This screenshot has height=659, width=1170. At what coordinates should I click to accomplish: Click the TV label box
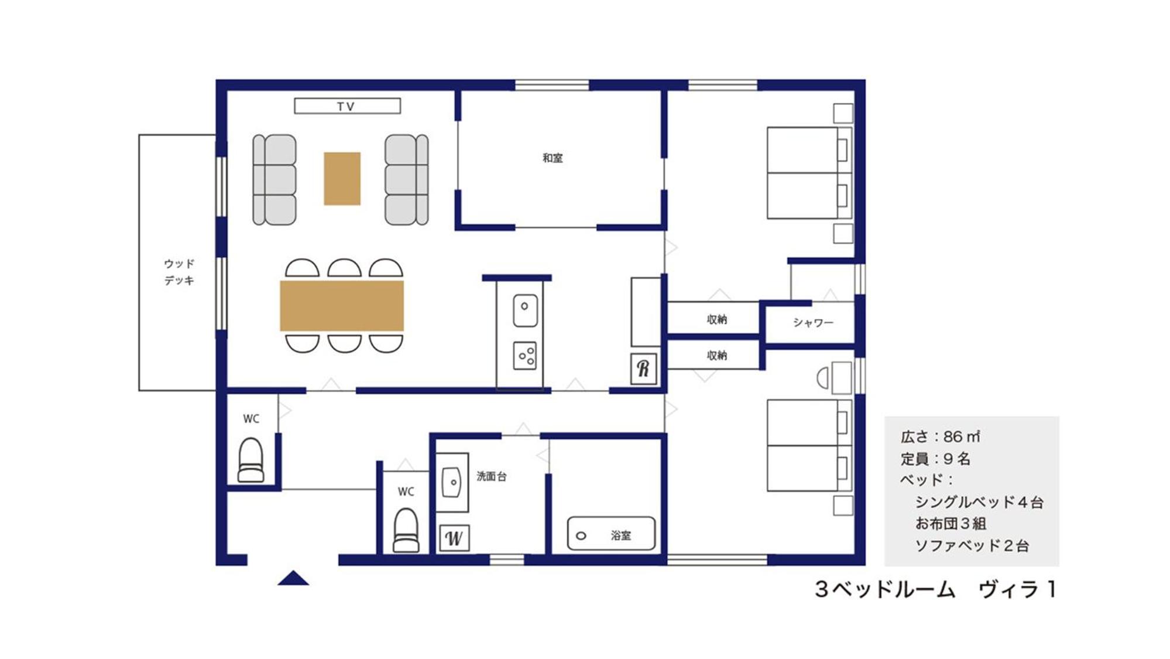(x=347, y=106)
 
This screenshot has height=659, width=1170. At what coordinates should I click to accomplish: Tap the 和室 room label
(x=553, y=158)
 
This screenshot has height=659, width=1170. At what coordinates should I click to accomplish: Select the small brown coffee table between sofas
(x=342, y=179)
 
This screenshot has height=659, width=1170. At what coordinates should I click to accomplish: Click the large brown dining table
(x=342, y=306)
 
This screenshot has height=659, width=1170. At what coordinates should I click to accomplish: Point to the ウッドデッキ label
(x=179, y=272)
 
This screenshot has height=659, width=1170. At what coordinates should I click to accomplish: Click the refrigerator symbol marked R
(x=643, y=368)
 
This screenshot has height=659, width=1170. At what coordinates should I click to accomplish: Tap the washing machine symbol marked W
(x=454, y=538)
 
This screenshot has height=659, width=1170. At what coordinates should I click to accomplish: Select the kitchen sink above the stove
(x=525, y=310)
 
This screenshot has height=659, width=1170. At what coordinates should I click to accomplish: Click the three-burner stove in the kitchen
(x=525, y=356)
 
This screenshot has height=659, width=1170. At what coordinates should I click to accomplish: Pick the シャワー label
(x=813, y=323)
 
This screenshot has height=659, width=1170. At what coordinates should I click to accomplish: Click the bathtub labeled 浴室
(x=611, y=534)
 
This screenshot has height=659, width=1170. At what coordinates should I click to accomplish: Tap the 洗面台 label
(x=492, y=476)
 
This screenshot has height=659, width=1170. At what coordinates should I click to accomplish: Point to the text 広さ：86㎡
(x=941, y=436)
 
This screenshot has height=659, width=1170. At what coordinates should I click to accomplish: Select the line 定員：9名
(x=935, y=459)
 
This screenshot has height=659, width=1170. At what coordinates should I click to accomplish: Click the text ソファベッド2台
(x=972, y=546)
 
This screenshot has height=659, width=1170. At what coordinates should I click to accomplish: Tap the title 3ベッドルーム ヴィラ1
(x=936, y=589)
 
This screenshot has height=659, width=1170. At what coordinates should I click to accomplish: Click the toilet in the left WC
(x=251, y=460)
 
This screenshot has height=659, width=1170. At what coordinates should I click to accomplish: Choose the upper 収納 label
(x=717, y=319)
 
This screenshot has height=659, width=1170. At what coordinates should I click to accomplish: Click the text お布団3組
(x=951, y=524)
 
